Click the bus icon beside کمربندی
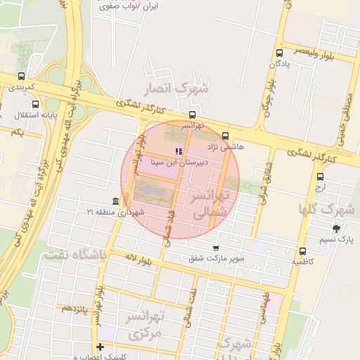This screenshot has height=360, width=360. [20, 77]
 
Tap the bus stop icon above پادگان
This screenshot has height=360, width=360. [280, 53]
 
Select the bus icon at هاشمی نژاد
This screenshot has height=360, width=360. [225, 136]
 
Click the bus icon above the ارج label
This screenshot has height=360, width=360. [321, 177]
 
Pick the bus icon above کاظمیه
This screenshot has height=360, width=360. [302, 251]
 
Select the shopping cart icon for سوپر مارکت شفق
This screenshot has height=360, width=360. [216, 247]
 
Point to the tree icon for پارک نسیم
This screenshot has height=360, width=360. [336, 229]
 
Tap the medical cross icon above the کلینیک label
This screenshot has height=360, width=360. [101, 347]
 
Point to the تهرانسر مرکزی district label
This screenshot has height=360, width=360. [143, 326]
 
